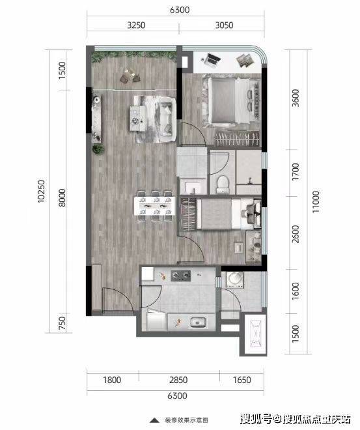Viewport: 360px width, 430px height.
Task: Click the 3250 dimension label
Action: click(136, 25)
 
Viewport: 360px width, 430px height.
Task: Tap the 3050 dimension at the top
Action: click(224, 25)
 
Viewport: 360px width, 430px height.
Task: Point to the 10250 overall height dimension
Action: click(41, 191)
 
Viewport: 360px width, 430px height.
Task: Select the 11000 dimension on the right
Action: click(316, 202)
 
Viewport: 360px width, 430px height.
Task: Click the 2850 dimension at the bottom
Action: click(178, 380)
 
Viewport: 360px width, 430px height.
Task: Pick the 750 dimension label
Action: click(62, 323)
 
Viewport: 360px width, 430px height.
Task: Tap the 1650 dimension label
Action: click(242, 380)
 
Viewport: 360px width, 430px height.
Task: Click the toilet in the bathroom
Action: click(222, 184)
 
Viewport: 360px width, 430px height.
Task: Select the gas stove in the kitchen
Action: click(180, 276)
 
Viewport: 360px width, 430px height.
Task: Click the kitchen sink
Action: click(198, 322)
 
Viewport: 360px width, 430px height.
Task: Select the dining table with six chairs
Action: click(155, 206)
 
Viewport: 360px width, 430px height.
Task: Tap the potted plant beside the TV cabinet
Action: click(98, 149)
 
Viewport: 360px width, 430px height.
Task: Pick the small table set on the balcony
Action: click(130, 76)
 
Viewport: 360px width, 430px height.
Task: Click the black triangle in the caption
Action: click(155, 420)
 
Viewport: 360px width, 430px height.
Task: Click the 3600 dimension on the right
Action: click(296, 98)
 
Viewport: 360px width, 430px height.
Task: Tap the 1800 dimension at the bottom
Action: click(112, 380)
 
